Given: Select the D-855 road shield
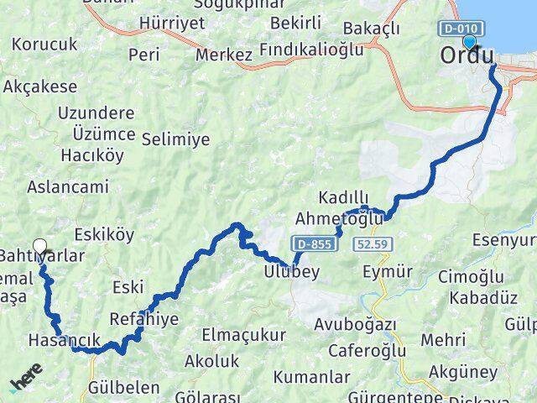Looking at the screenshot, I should [315, 244].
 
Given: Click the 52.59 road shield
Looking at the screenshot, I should [371, 244].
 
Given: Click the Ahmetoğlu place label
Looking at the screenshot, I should [339, 218].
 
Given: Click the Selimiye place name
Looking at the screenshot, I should [176, 139].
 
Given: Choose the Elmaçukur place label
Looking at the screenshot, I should [242, 335].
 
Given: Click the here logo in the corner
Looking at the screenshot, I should [24, 384].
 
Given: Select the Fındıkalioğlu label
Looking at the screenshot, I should [311, 50].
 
